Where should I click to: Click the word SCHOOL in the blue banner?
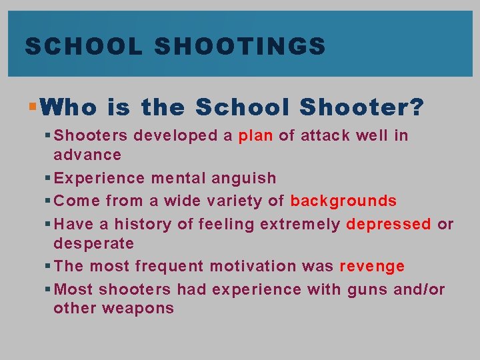[x=83, y=46]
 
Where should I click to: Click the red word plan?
[x=255, y=136]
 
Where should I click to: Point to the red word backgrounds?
[x=343, y=201]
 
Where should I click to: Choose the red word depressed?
[x=389, y=224]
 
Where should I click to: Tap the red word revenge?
[x=372, y=266]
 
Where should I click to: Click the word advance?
[x=87, y=155]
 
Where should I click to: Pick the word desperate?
[x=93, y=243]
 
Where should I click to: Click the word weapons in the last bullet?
[x=143, y=308]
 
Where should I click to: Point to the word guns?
[x=369, y=289]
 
